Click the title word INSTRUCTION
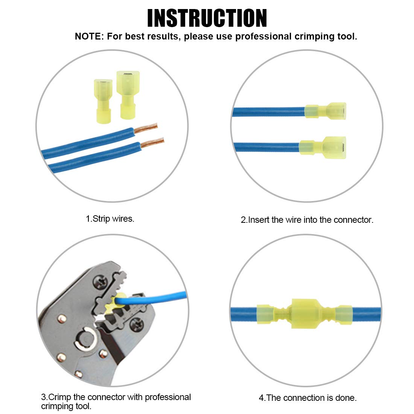click(x=207, y=18)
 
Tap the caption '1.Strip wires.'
click(x=110, y=219)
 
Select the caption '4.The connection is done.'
click(x=307, y=398)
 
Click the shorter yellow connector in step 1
click(x=103, y=101)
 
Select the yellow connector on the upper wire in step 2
click(x=326, y=111)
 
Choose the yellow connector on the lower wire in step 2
click(x=323, y=147)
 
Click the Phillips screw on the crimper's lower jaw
click(x=137, y=322)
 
